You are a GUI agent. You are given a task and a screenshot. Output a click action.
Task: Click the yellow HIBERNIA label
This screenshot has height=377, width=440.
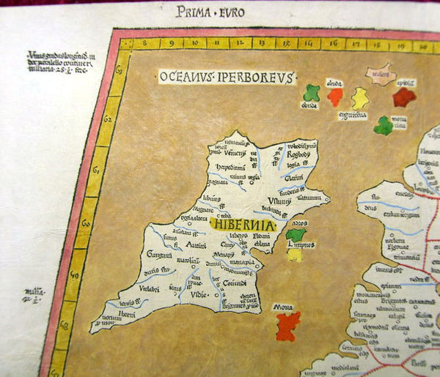pos(241,225)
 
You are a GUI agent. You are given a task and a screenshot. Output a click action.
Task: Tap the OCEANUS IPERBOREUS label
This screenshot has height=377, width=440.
pos(227,76)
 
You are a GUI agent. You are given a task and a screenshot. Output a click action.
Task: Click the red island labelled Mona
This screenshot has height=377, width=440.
pos(288,325)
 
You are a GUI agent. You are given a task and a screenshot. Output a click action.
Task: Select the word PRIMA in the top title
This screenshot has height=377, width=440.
pos(193,11)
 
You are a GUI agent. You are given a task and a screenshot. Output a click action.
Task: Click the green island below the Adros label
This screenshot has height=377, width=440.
pos(295,235)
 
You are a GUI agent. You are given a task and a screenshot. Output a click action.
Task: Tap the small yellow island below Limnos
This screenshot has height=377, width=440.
pos(295,255)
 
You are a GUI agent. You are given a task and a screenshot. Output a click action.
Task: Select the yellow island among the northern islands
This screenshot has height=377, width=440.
pos(359,98)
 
